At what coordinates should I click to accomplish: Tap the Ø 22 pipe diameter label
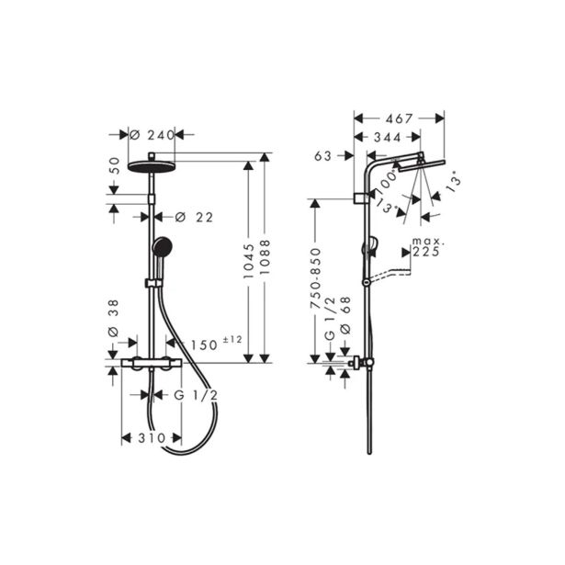point(193,217)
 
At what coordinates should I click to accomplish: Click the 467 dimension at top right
point(398,119)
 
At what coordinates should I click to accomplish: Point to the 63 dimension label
point(322,156)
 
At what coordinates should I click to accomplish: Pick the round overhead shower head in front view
point(149,165)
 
